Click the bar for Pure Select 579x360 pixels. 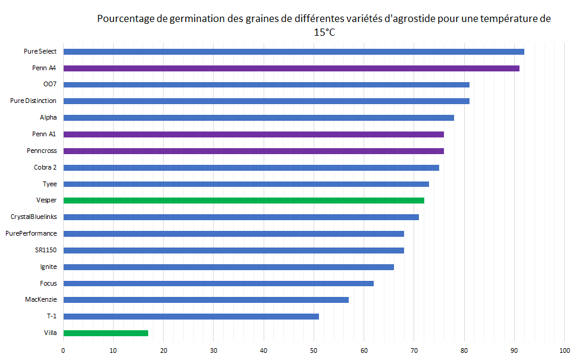click(293, 52)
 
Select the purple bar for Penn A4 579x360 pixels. click(291, 68)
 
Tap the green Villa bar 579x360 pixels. click(105, 333)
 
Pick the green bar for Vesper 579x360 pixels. click(243, 201)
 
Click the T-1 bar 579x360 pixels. click(190, 317)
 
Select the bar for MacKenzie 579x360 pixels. click(205, 300)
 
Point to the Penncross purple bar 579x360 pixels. click(253, 151)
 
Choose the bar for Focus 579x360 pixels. click(218, 283)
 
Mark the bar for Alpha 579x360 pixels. click(258, 118)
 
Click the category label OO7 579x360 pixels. click(50, 84)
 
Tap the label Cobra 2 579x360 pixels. click(46, 167)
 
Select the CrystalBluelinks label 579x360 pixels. click(34, 217)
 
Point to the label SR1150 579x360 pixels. click(46, 250)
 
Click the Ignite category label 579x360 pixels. click(48, 267)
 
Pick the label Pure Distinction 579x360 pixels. click(33, 101)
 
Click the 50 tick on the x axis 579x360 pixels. click(314, 350)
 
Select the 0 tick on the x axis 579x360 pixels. click(63, 350)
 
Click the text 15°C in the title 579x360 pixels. click(324, 33)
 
